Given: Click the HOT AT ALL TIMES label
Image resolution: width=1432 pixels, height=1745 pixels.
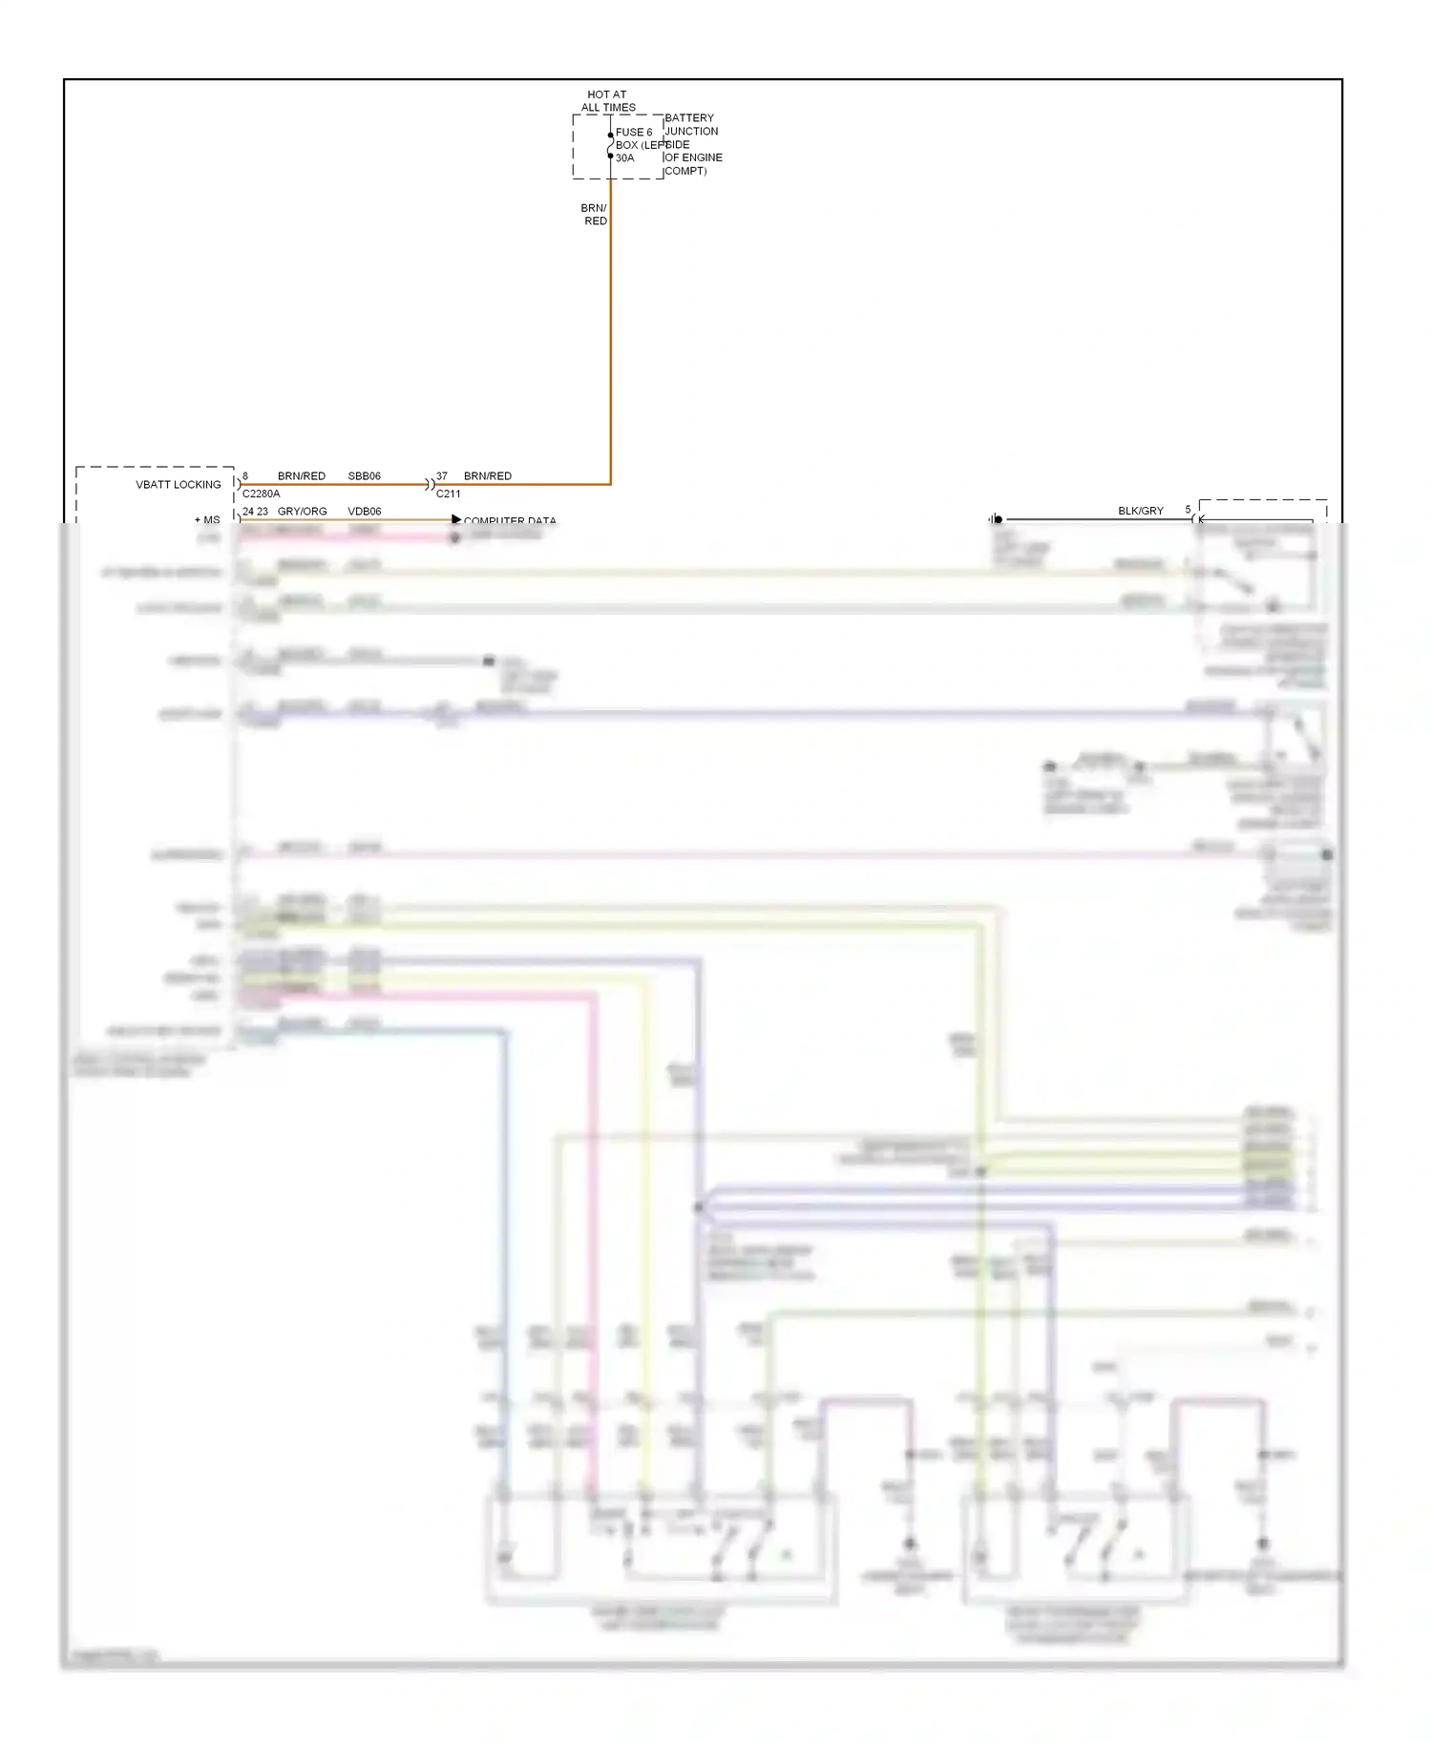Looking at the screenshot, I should point(607,101).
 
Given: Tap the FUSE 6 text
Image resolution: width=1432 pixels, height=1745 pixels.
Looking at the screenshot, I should point(634,133).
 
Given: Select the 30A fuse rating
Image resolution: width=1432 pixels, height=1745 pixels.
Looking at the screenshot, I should point(624,158).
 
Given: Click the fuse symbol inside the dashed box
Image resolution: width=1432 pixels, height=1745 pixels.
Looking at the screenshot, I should point(611,145).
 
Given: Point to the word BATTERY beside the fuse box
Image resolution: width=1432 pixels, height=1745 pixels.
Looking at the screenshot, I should point(689,118).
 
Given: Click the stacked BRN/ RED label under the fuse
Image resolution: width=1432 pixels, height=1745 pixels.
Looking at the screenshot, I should point(594,215).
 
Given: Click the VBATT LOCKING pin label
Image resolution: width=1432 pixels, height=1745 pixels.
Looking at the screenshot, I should point(179,485).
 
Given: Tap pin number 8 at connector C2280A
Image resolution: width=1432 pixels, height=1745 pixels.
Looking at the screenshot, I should point(245,476).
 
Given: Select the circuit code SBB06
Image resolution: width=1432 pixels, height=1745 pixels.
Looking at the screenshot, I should point(364,476).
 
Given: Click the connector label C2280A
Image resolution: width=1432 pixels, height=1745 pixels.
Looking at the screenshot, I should point(261,494).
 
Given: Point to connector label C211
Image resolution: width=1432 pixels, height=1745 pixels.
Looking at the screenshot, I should point(448,494).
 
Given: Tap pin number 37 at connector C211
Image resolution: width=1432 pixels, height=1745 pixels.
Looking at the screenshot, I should point(441,476).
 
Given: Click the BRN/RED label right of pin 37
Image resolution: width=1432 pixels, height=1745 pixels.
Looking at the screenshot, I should point(488,476).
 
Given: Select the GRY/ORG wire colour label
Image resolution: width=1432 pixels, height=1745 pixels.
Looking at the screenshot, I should point(302,512).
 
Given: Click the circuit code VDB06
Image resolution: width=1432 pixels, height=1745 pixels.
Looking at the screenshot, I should point(364,512).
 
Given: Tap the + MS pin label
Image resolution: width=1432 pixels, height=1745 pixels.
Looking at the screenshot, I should point(207,520).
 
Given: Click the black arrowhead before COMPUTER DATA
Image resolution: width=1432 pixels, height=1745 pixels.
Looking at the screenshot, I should point(456,520).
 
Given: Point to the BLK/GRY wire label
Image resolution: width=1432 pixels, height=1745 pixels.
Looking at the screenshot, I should point(1141,512).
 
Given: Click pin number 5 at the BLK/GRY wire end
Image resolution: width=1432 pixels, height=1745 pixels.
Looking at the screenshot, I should point(1188,510).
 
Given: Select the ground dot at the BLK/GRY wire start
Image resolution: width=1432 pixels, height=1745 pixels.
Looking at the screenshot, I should point(998,520).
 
